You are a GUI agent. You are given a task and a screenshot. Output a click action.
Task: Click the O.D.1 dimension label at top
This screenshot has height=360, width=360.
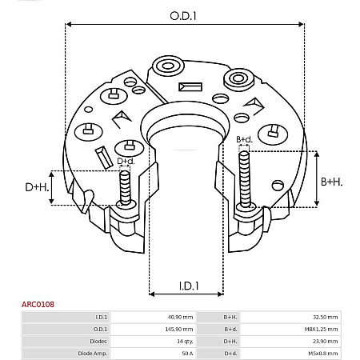(x=184, y=15)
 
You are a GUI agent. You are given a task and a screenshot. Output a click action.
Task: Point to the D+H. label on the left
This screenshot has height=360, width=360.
(x=36, y=187)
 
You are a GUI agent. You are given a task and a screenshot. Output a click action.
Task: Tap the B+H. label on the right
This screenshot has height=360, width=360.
(x=331, y=182)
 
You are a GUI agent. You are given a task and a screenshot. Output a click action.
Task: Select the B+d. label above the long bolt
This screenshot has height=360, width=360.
(x=244, y=140)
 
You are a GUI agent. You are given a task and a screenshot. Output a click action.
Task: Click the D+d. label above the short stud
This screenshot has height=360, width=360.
(x=126, y=162)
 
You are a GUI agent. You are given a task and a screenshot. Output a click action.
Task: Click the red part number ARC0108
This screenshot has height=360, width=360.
(x=38, y=305)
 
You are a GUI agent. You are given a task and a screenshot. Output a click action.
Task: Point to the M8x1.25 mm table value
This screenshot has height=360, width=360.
(x=322, y=329)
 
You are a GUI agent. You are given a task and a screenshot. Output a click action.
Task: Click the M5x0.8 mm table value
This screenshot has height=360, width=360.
(x=322, y=353)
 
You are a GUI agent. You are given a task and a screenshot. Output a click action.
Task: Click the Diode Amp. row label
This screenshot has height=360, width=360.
(x=92, y=353)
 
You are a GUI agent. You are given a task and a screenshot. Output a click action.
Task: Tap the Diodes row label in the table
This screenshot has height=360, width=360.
(x=98, y=341)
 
